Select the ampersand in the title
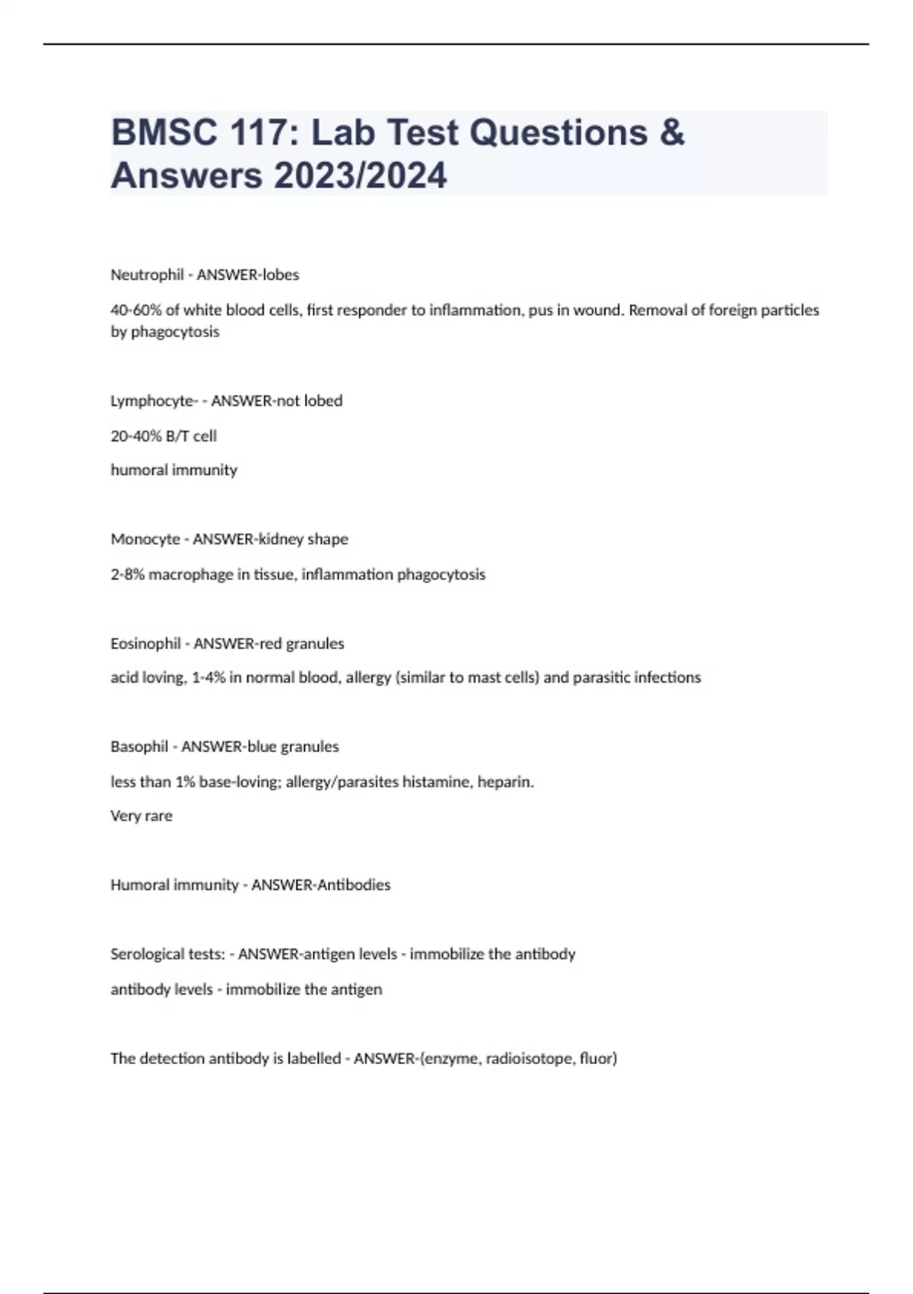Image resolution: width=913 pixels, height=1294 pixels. [671, 132]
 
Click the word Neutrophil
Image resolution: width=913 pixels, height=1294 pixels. [148, 275]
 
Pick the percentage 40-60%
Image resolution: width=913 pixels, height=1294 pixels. [135, 310]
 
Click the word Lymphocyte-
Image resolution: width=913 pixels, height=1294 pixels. [154, 401]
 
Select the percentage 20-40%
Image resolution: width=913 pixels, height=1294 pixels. [135, 436]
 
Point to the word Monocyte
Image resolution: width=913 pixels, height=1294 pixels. [145, 539]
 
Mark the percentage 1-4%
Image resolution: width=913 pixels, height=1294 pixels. [208, 677]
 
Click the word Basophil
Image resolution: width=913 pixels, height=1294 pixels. [139, 747]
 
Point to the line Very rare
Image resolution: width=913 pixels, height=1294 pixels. [142, 816]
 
